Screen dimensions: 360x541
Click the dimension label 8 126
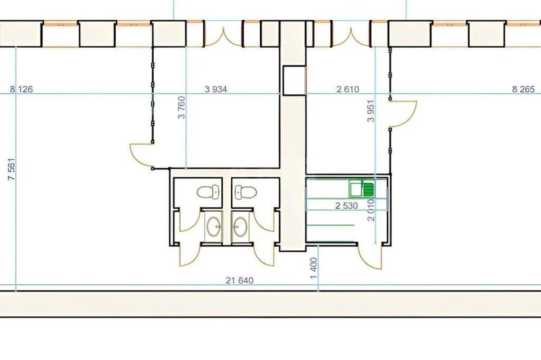21,89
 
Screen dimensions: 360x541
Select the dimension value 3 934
216,89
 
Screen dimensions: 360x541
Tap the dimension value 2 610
348,89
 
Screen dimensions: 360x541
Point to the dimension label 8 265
523,89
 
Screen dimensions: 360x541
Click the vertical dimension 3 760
182,110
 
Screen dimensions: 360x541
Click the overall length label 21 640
239,281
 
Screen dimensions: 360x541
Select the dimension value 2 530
346,206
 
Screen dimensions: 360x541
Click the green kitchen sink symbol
361,189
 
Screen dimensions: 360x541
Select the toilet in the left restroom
209,192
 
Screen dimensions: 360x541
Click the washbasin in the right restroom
239,226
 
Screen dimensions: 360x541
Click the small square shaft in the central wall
293,80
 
